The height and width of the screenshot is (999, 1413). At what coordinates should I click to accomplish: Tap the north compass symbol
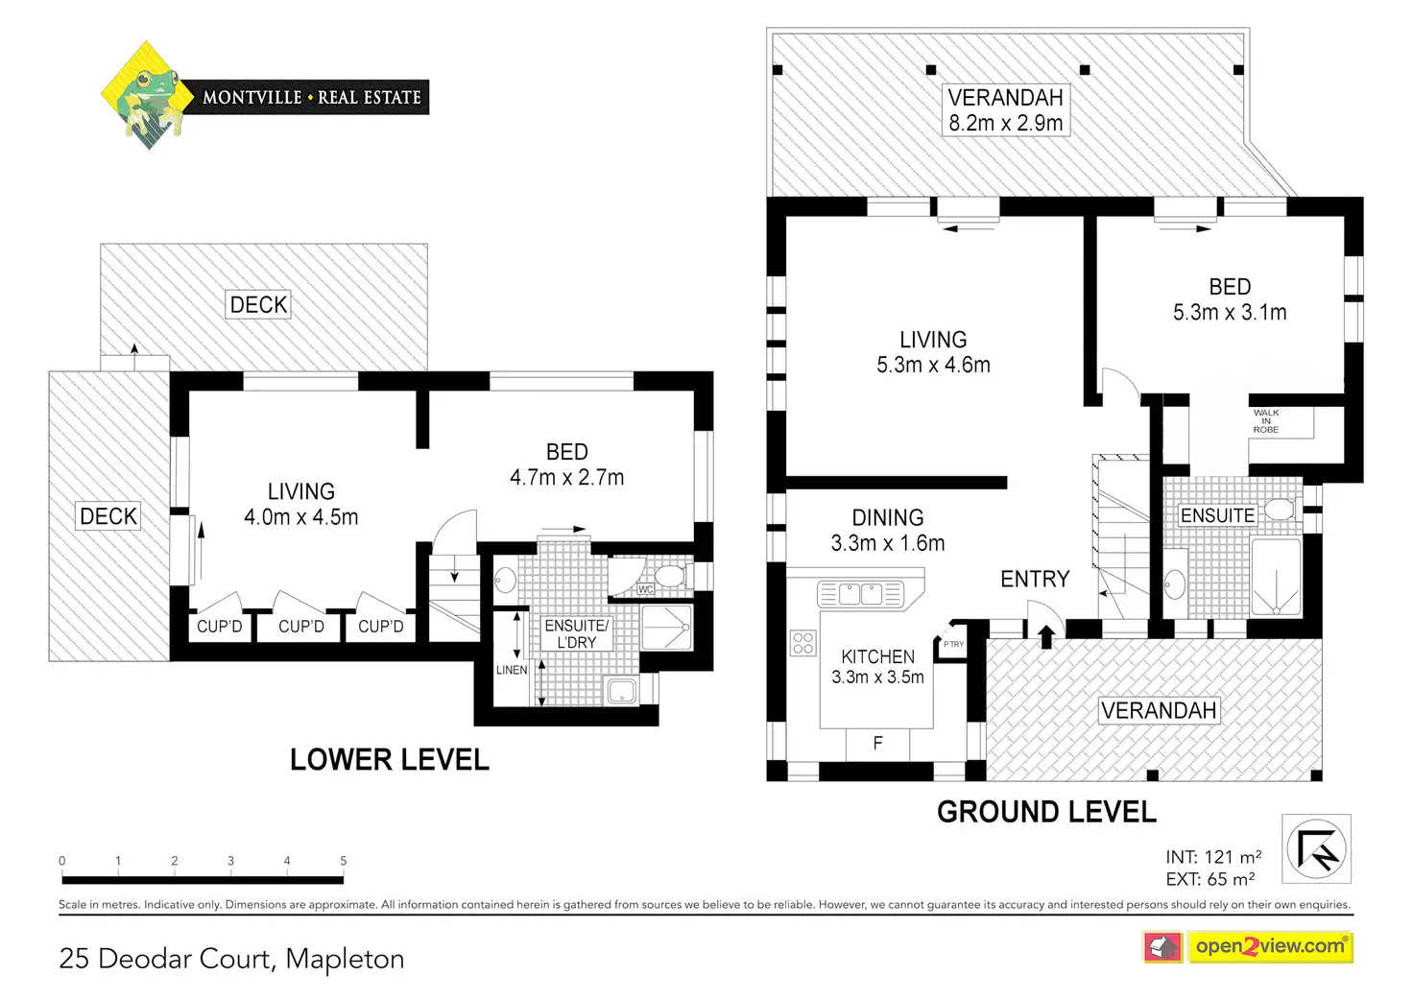(1316, 848)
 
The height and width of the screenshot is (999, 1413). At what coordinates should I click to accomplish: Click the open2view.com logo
(1269, 946)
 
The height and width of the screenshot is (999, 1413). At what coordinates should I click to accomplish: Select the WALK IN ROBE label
(1265, 421)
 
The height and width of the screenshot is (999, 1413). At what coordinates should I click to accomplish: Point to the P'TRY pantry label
(953, 644)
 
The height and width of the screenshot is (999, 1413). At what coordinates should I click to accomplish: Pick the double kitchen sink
(861, 594)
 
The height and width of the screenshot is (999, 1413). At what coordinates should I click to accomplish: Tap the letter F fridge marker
(877, 742)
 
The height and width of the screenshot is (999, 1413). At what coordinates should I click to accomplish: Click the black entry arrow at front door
(1046, 636)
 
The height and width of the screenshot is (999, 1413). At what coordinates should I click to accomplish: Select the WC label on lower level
(645, 589)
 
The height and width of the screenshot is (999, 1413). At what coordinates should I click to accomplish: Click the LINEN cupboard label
(512, 670)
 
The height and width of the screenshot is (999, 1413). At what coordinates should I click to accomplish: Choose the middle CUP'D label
(301, 627)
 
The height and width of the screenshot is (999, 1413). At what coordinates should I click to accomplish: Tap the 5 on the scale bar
(343, 861)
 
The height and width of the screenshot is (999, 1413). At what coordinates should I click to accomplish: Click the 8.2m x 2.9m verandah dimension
(1005, 123)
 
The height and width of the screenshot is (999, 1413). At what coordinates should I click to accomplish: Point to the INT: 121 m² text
(1213, 857)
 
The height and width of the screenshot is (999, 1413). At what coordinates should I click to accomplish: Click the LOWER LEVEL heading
(390, 760)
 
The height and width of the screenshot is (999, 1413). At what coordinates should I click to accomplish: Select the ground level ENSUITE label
(1217, 515)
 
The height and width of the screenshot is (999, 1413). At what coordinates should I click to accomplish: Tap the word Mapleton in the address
(345, 959)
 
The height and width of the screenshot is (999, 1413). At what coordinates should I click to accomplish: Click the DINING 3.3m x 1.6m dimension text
(888, 543)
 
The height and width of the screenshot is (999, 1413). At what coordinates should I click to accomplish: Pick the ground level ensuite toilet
(1279, 509)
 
